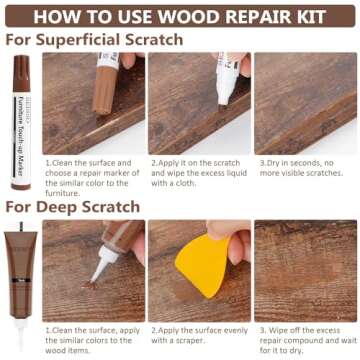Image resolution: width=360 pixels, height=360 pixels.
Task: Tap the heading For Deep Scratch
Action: pos(73,207)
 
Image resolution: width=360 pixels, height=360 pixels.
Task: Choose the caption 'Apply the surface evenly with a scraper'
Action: pos(197,335)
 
